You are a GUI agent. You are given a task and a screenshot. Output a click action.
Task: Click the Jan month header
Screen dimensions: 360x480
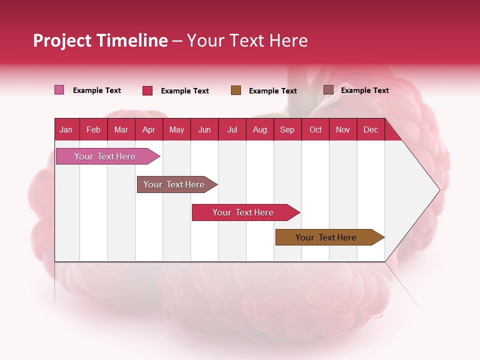coord(66,129)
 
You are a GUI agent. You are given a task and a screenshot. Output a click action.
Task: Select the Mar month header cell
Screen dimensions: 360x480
coord(121,129)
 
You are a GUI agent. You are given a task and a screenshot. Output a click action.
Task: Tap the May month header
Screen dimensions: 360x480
coord(176,129)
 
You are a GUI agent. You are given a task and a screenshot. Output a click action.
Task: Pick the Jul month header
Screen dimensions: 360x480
coord(232,129)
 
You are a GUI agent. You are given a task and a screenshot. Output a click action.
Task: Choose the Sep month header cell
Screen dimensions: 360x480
coord(287,129)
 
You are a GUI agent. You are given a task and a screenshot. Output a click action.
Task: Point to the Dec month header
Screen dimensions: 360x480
coord(370,129)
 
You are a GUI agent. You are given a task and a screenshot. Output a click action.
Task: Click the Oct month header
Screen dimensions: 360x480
coord(315,129)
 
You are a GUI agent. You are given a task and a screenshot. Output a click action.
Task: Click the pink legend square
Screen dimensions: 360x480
coord(59,90)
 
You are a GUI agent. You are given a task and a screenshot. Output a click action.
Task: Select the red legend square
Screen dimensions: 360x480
coord(147,90)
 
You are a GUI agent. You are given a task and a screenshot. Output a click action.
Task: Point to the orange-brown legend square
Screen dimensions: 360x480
coord(236,90)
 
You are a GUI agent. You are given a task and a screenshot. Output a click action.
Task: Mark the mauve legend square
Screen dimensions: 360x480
coord(328,90)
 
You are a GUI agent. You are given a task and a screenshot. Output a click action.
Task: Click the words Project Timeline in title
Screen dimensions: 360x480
coord(100,40)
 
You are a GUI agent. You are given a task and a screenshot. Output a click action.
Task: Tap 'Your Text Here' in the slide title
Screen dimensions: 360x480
coord(247,40)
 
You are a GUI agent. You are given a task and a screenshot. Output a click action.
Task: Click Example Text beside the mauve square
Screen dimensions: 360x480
coord(364,90)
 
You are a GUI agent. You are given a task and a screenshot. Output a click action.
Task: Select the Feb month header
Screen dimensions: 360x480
coord(93,129)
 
